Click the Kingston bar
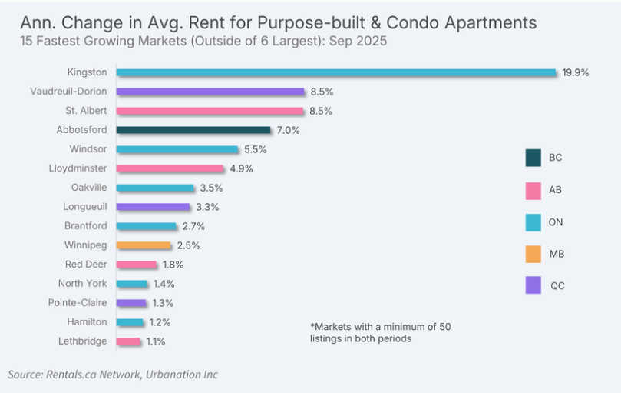[336, 72]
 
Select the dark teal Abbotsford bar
[193, 130]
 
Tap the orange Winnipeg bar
[144, 245]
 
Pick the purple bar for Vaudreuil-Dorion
[211, 92]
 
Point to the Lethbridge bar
[129, 341]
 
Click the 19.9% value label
[576, 72]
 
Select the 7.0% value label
[289, 130]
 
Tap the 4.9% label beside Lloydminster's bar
[241, 168]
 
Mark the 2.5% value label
[188, 245]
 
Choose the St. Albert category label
[86, 111]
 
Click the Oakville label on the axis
[88, 188]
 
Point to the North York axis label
[84, 284]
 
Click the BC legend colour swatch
[533, 158]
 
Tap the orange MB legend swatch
[533, 253]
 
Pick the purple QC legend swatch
[533, 285]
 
